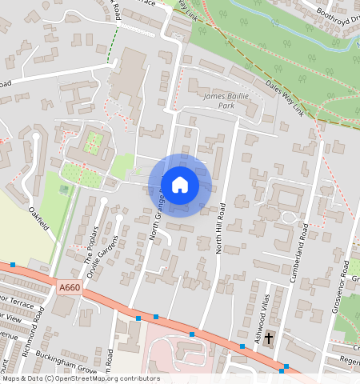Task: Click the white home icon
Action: click(x=180, y=185)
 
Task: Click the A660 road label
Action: click(x=70, y=286)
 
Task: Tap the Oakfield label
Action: click(x=39, y=218)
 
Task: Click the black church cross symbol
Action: click(x=269, y=338)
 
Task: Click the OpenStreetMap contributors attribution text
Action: click(x=80, y=378)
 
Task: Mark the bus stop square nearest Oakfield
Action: click(x=13, y=265)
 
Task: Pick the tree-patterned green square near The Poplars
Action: click(x=94, y=143)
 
